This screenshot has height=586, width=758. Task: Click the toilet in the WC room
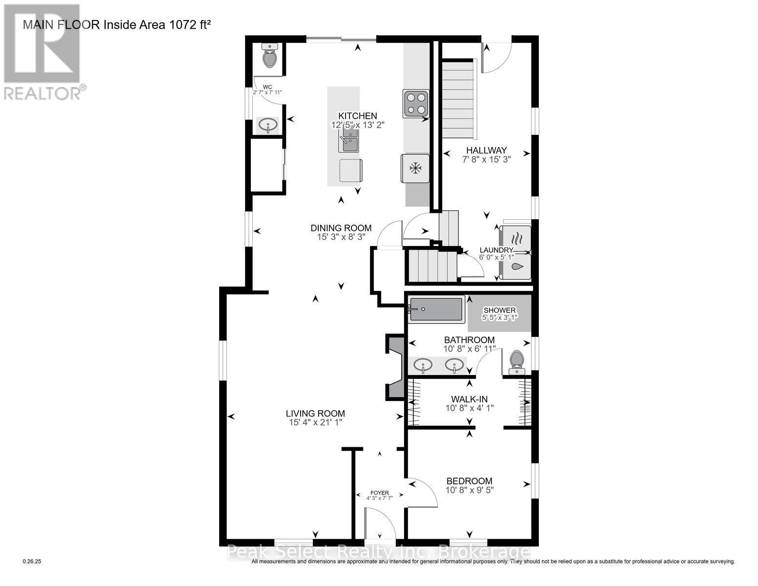pyautogui.click(x=269, y=57)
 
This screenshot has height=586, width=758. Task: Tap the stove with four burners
pyautogui.click(x=415, y=104)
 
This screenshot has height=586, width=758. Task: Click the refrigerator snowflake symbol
pyautogui.click(x=415, y=168)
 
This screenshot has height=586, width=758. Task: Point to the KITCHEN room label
pyautogui.click(x=358, y=116)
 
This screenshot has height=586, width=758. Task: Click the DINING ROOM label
pyautogui.click(x=341, y=228)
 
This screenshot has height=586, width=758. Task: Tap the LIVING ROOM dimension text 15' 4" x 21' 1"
pyautogui.click(x=315, y=422)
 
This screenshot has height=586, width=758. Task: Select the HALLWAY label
pyautogui.click(x=486, y=150)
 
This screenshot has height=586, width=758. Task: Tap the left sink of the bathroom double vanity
pyautogui.click(x=422, y=365)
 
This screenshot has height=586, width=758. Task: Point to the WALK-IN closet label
pyautogui.click(x=469, y=399)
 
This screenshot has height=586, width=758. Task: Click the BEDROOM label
pyautogui.click(x=469, y=481)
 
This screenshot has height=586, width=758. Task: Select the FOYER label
pyautogui.click(x=380, y=493)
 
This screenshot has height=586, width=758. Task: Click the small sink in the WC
pyautogui.click(x=267, y=126)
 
